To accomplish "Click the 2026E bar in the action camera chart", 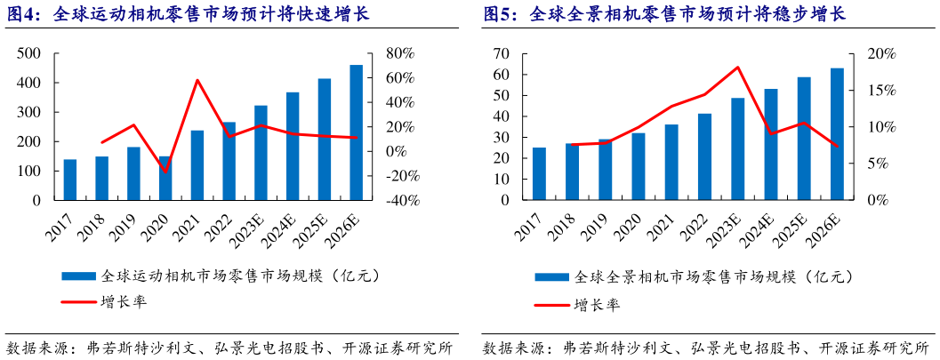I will point(356,133).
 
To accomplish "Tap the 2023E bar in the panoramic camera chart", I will point(738,149).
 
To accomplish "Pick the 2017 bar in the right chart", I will point(539,174).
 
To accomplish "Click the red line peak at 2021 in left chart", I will point(197,80).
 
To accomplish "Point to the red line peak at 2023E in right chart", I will point(738,68).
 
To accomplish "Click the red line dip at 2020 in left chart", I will point(165,172).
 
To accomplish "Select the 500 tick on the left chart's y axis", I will point(28,54).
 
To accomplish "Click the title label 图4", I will point(23,15).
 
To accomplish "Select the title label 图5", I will point(500,15).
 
